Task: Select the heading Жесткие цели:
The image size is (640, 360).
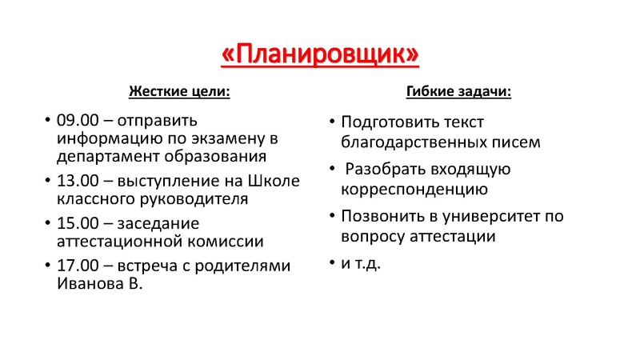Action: [179, 91]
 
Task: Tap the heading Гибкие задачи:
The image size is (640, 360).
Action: [459, 91]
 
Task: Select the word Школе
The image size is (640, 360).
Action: [277, 181]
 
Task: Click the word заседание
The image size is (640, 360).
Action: [159, 223]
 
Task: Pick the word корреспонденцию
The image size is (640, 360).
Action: [414, 190]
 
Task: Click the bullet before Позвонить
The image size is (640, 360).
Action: [331, 217]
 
